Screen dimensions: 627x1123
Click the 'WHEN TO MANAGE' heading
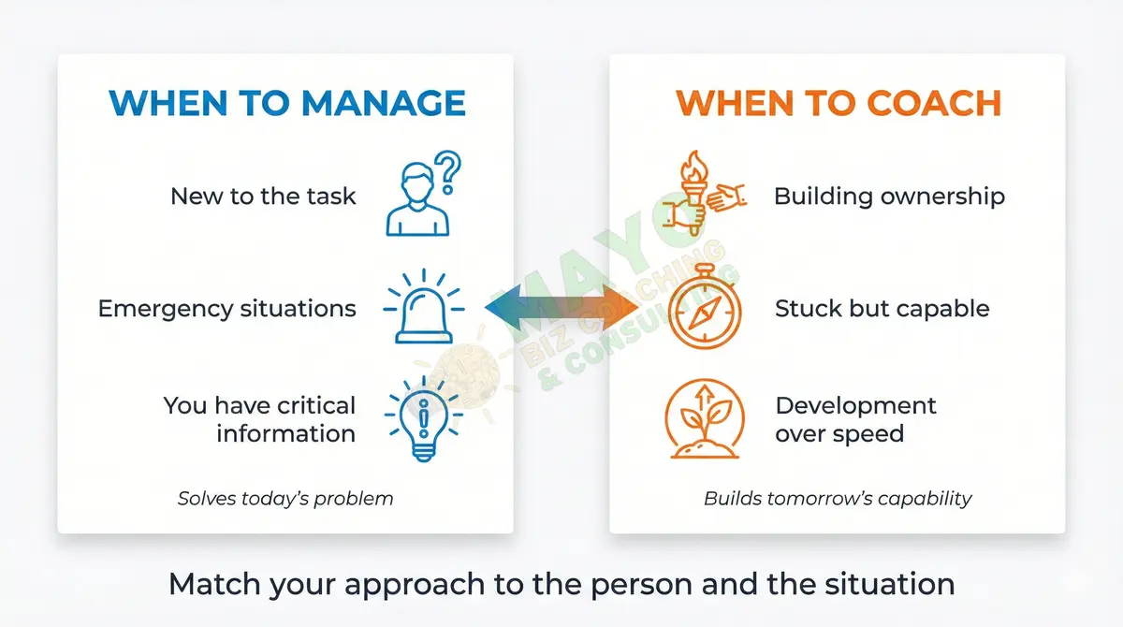(286, 103)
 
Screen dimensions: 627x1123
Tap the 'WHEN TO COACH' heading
(838, 103)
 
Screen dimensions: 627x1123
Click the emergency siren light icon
(424, 307)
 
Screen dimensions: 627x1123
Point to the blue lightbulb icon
(424, 419)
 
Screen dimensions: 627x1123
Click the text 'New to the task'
(263, 197)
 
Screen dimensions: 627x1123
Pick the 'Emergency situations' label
(226, 309)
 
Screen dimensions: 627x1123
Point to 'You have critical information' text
(260, 419)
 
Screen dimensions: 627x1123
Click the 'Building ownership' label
(889, 197)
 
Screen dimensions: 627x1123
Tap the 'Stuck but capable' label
(882, 309)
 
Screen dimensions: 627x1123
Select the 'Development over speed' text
(855, 419)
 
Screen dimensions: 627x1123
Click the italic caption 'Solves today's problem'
(285, 498)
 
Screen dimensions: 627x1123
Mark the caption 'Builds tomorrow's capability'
(838, 498)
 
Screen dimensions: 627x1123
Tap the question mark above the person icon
(450, 172)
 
